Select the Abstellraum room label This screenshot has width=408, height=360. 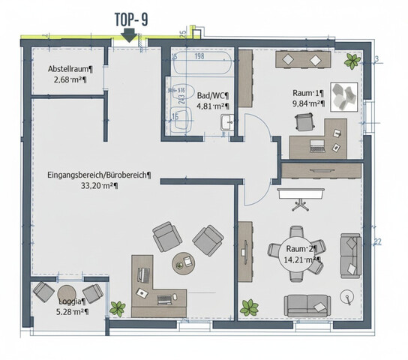point(67,68)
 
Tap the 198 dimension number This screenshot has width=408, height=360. point(199,55)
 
